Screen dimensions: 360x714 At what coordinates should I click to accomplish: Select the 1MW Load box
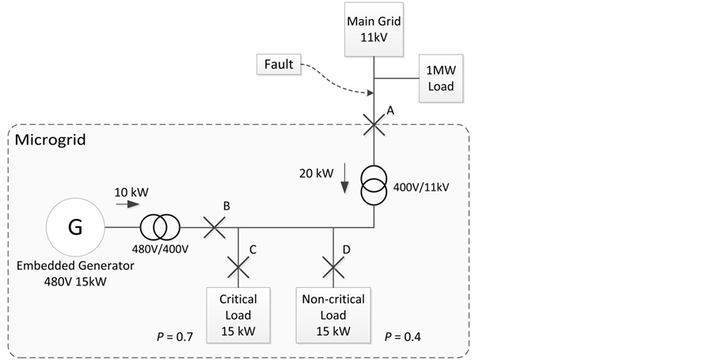(440, 78)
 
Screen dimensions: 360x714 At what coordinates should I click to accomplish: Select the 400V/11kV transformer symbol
(374, 186)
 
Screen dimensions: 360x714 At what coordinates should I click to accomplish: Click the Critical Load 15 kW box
(238, 314)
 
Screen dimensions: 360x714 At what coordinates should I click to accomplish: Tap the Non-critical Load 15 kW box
(333, 314)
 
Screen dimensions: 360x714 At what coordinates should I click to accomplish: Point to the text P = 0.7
(176, 337)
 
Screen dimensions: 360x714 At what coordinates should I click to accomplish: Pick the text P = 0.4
(403, 337)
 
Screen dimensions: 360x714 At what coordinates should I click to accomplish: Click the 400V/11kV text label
(422, 187)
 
